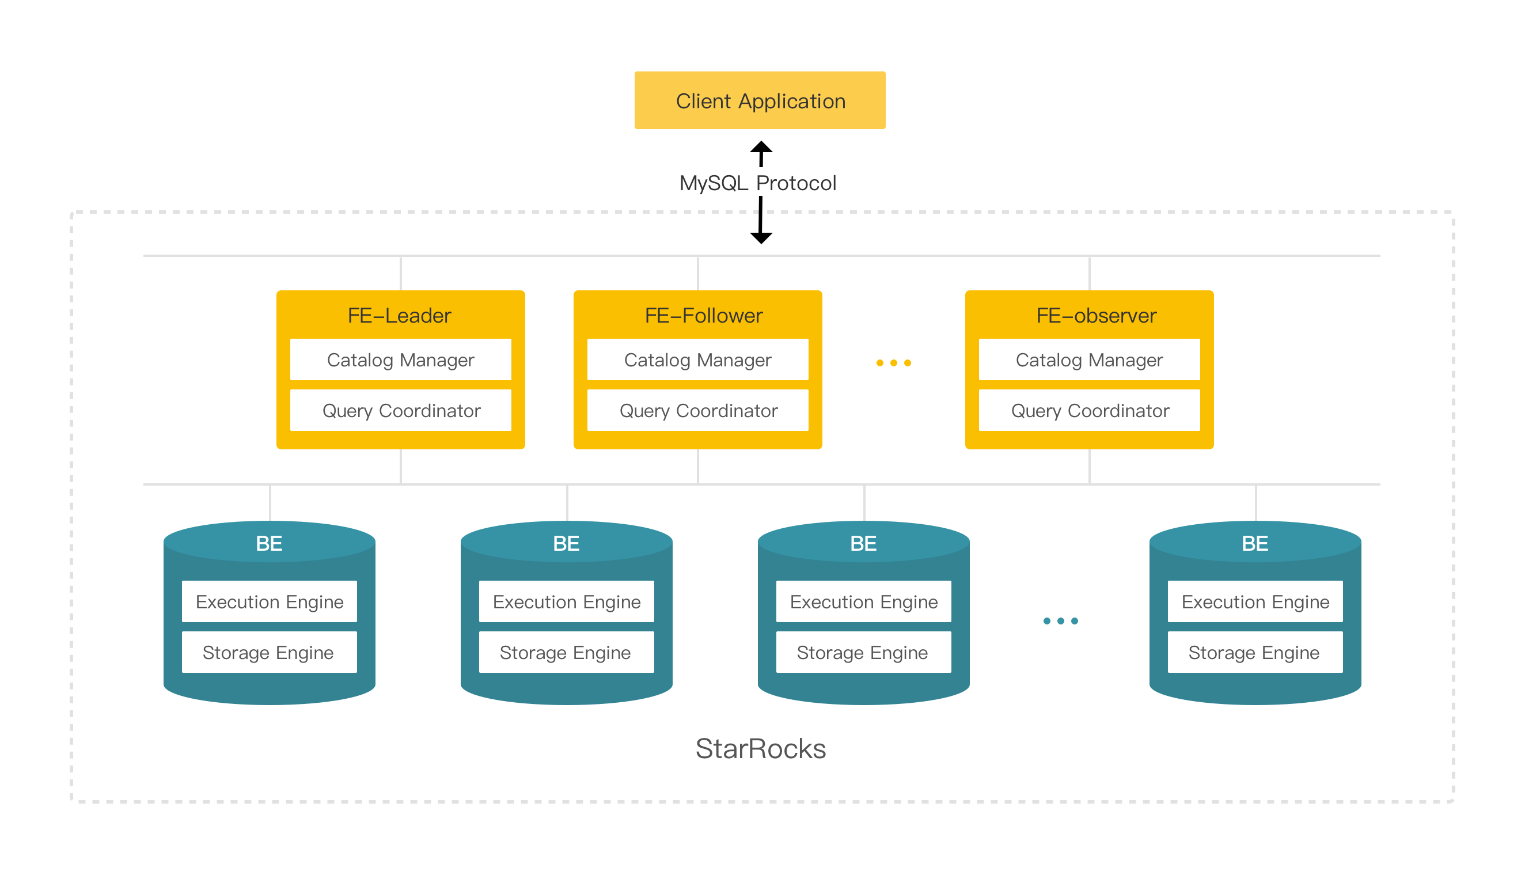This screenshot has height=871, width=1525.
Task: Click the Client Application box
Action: point(760,100)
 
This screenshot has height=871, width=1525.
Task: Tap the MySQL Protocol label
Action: point(757,183)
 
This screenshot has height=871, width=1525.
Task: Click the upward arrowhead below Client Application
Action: point(761,147)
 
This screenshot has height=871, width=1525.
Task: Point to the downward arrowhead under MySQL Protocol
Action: point(761,237)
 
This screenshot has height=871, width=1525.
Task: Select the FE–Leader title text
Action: point(400,315)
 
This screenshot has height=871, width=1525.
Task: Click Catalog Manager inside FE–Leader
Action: point(400,359)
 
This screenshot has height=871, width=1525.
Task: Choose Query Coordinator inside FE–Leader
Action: point(400,410)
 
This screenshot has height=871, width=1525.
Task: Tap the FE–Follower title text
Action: point(703,315)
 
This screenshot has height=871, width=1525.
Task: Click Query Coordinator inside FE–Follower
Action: point(697,410)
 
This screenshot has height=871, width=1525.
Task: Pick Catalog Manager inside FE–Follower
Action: point(697,359)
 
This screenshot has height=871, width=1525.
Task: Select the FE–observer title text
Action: point(1095,315)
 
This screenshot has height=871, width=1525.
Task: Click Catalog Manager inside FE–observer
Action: point(1089,359)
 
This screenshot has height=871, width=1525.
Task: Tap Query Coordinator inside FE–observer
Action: point(1089,410)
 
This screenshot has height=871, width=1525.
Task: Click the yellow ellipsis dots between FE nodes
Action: point(893,363)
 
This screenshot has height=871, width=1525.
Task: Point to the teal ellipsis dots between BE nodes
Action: point(1060,621)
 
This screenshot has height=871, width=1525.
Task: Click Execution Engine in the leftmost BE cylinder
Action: point(269,601)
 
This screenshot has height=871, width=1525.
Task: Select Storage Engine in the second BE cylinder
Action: point(566,652)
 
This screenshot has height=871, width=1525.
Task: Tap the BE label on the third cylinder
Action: point(863,543)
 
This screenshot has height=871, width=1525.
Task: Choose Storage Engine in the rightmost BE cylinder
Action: point(1254,652)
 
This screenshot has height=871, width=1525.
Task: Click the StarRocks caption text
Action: point(760,748)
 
